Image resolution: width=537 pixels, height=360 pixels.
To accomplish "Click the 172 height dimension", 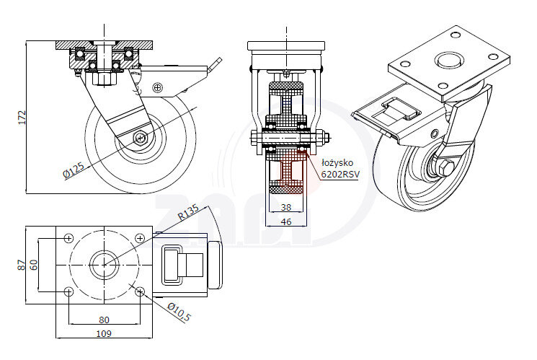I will pos(22,117).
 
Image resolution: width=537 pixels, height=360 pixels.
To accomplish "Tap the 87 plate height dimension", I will pos(22,265).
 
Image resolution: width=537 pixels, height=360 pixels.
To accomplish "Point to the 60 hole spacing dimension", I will pos(33,265).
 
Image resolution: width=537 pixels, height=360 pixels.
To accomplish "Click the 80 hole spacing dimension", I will pos(104,320).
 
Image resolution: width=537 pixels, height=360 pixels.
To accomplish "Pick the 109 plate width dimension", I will pos(104,333).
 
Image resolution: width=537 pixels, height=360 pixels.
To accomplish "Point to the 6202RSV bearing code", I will pos(340,174).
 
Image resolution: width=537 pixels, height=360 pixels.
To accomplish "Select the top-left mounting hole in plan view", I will pos(68,237).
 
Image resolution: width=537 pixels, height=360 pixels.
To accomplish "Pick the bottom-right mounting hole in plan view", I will pos(139,291).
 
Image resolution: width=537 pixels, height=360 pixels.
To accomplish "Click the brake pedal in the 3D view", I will pos(393,115).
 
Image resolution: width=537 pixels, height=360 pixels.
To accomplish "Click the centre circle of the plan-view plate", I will pos(104,264).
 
